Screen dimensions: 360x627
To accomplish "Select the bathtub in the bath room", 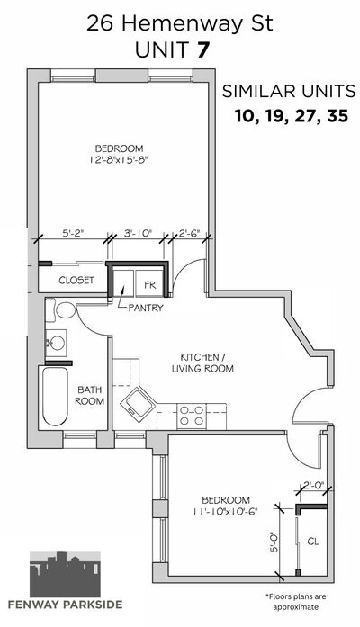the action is [x=55, y=397].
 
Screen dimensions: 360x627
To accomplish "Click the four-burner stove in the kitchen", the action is [x=191, y=416].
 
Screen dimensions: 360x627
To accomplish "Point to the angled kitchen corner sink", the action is [x=138, y=402].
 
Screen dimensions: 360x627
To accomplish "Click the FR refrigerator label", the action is [x=150, y=285].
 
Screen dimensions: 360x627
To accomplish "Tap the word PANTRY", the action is [x=146, y=308].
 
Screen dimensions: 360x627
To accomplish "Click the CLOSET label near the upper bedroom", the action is [x=76, y=281].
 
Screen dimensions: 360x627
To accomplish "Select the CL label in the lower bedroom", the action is [x=313, y=542].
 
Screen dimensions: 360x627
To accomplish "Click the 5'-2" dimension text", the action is [x=74, y=234].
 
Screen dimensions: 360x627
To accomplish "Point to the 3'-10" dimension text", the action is [x=138, y=234].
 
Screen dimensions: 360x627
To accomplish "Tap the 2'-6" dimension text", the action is [x=189, y=234].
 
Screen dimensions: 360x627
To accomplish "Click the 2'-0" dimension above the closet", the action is [x=314, y=485].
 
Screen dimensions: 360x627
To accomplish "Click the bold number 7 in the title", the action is [x=202, y=50].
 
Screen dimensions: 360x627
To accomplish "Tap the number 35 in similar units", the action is [x=337, y=116].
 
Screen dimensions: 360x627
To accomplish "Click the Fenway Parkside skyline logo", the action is [x=65, y=574].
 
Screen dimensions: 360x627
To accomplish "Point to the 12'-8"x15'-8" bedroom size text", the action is [x=119, y=160].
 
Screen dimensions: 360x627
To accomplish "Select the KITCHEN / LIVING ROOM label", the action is [x=202, y=363].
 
